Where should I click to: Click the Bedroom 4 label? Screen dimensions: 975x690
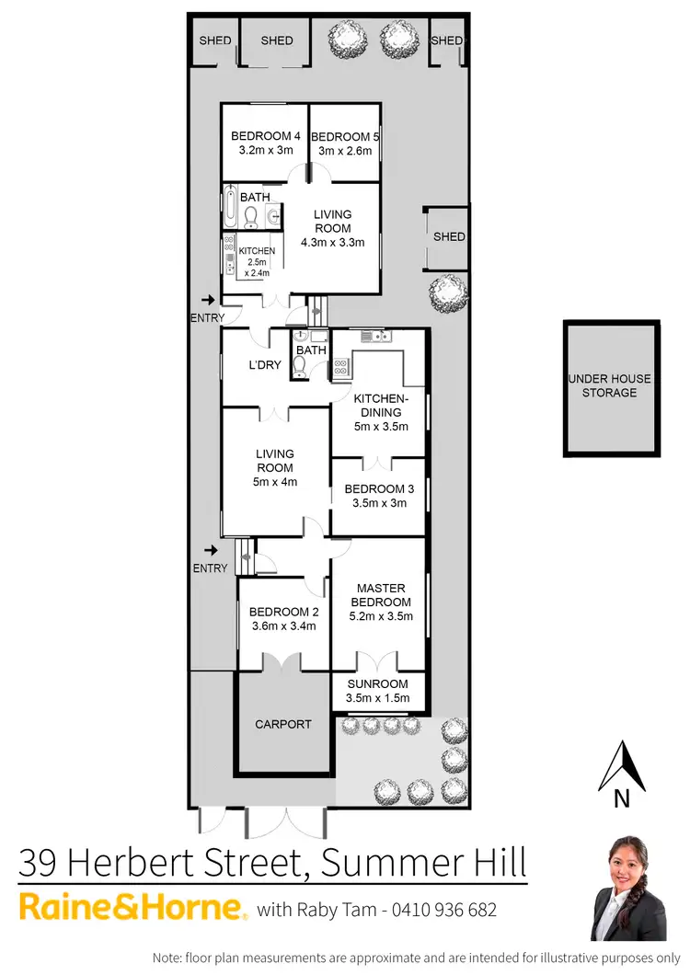pos(265,136)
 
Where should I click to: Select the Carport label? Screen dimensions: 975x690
pos(282,724)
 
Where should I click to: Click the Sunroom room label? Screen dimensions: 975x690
pos(377,684)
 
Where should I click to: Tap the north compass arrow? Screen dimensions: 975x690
pos(622,766)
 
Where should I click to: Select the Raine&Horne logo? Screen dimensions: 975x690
pos(132,909)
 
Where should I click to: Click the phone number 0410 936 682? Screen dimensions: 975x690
pos(446,911)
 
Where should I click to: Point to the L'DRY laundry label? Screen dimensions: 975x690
pos(265,365)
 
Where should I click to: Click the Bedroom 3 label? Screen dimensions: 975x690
pos(378,488)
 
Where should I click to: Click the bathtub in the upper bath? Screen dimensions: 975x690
pos(228,206)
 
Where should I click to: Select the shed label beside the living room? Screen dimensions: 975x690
pos(449,236)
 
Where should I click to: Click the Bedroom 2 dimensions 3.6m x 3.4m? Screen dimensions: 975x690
pos(283,626)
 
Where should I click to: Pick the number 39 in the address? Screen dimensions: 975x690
pos(41,864)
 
